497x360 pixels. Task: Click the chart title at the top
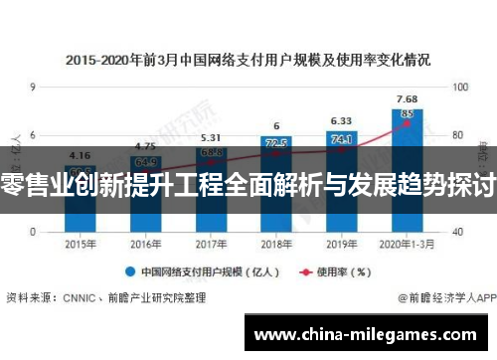click(x=248, y=60)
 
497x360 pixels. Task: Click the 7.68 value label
click(x=407, y=98)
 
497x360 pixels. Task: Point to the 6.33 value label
click(x=341, y=121)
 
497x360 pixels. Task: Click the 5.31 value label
click(x=210, y=138)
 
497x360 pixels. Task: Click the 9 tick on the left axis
click(x=34, y=89)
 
